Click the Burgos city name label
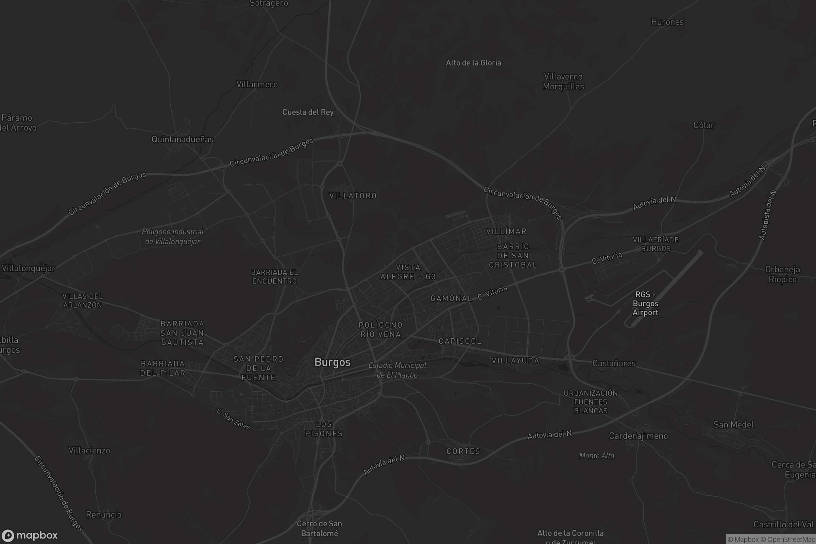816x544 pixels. [333, 362]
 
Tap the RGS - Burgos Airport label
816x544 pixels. [645, 304]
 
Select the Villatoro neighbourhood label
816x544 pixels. [353, 196]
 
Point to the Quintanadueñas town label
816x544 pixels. [183, 139]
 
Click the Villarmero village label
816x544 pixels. [257, 84]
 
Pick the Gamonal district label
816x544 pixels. [451, 299]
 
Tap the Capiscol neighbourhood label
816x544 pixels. [460, 341]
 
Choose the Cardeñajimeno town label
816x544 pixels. [638, 436]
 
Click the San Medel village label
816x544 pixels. [733, 424]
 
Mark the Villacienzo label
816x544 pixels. [89, 450]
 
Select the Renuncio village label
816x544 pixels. [104, 514]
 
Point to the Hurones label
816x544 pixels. [667, 22]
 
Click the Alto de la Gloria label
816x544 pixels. [473, 63]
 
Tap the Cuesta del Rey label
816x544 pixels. [308, 112]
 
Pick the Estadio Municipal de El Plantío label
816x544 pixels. [397, 370]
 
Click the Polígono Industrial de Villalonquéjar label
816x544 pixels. [172, 236]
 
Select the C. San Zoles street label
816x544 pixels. [233, 419]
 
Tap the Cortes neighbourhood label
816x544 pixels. [463, 451]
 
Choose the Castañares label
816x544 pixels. [614, 363]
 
